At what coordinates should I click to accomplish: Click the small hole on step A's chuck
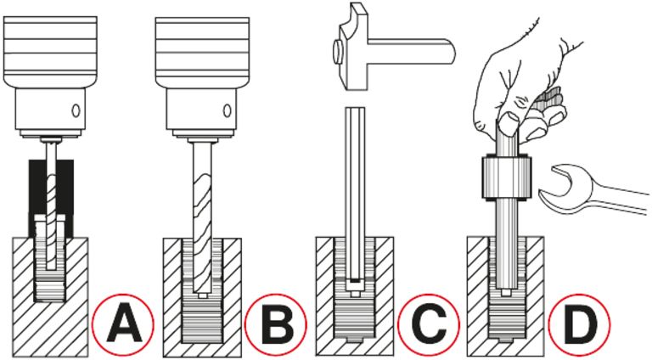[76, 110]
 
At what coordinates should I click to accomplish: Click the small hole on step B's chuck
[227, 110]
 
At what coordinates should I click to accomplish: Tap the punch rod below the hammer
[354, 187]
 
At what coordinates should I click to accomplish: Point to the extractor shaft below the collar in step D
[507, 246]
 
